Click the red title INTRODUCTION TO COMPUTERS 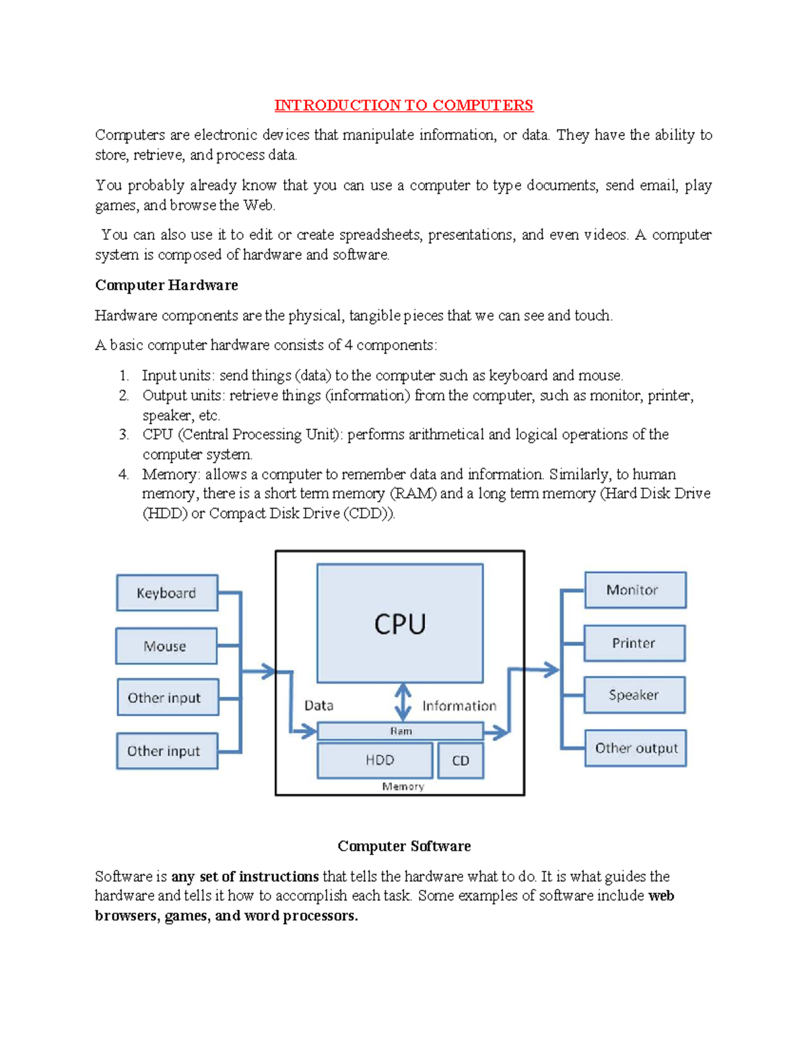click(x=403, y=105)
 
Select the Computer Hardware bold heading click(x=166, y=285)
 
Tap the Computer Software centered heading click(x=404, y=846)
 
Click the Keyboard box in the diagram click(x=167, y=593)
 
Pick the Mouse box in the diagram click(x=166, y=646)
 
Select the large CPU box click(x=400, y=623)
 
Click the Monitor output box click(x=635, y=590)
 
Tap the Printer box click(x=634, y=643)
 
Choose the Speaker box click(x=634, y=695)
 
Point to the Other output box click(x=636, y=748)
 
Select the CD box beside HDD click(x=461, y=760)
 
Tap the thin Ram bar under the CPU click(x=400, y=731)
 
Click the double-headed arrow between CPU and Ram click(x=403, y=702)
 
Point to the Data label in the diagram click(x=318, y=705)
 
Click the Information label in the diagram click(x=459, y=706)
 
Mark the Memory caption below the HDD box click(x=403, y=787)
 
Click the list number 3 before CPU click(x=123, y=434)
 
